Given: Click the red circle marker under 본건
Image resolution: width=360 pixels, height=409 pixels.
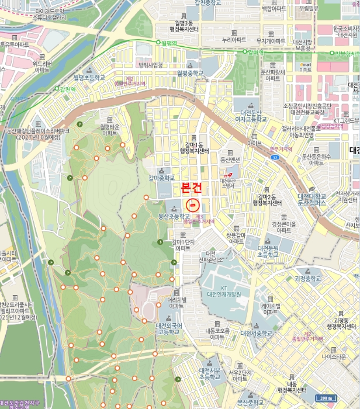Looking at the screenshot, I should pos(192,205).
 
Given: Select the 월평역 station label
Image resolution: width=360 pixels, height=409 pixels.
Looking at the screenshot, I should pos(167,43).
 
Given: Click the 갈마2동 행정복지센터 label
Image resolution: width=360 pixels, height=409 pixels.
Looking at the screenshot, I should pos(266,200).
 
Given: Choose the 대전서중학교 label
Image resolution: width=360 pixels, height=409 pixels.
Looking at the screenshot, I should pos(256,333).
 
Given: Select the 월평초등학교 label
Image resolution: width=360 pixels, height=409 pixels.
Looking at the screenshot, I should pos(89,77).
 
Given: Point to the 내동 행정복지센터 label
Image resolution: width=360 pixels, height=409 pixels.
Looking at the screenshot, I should pos(291,386).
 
